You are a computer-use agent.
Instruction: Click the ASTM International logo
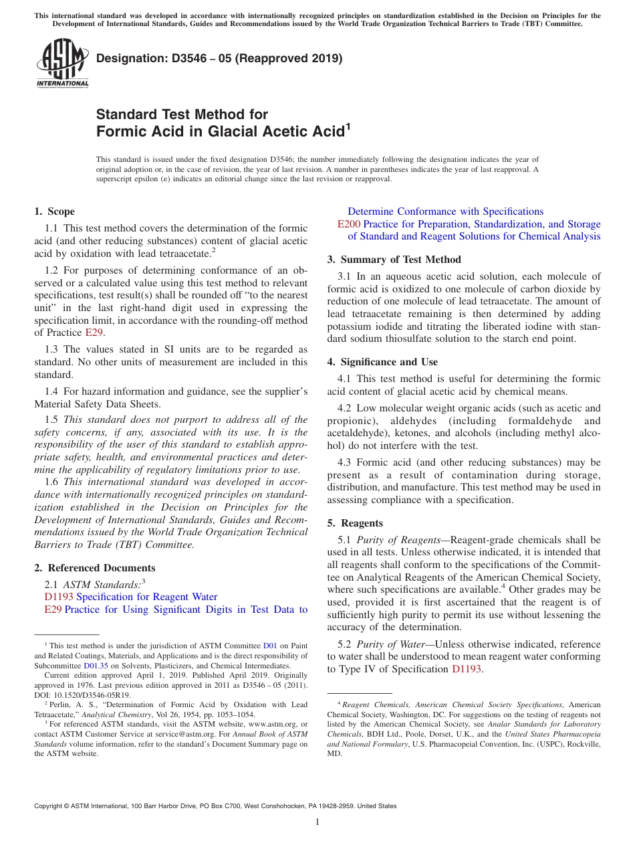point(62,63)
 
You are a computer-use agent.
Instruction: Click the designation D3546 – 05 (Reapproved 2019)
point(219,58)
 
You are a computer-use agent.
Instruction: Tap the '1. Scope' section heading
point(55,211)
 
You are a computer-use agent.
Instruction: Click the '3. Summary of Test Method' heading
point(394,260)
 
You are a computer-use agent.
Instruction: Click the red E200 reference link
point(349,224)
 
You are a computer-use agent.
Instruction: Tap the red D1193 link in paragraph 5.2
point(467,669)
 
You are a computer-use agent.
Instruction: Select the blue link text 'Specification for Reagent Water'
point(147,597)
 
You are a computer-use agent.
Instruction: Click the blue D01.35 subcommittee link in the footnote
point(96,666)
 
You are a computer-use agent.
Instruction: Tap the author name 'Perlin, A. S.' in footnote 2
point(64,704)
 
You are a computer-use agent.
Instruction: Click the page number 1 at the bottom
point(317,822)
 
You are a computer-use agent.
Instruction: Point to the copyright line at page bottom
point(215,806)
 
